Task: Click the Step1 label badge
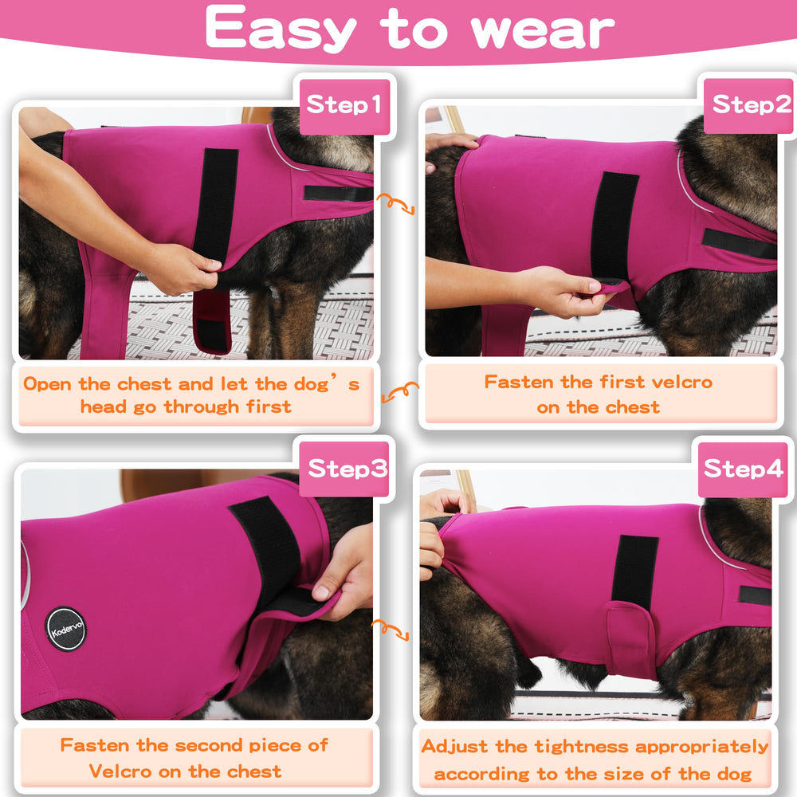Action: click(x=344, y=106)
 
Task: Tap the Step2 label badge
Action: click(x=750, y=105)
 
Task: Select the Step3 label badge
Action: click(x=346, y=469)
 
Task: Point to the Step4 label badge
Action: click(x=742, y=469)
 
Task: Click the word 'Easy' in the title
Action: click(x=281, y=29)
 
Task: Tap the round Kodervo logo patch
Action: click(x=65, y=629)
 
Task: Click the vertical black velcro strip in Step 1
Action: click(x=217, y=204)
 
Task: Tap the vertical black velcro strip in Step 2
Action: click(x=614, y=226)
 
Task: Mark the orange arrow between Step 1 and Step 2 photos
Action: click(x=395, y=203)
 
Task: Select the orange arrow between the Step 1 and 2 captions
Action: click(x=400, y=392)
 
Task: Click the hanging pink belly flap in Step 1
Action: click(x=212, y=320)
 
